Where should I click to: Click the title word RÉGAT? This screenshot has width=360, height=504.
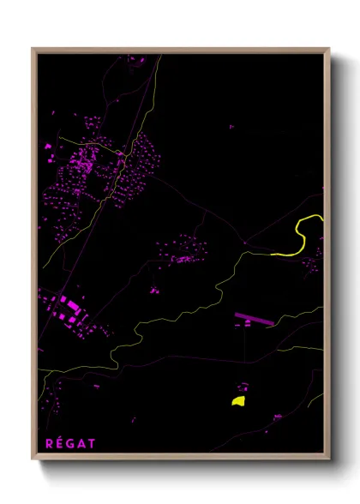click(70, 443)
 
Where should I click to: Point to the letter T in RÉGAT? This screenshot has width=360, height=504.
click(92, 443)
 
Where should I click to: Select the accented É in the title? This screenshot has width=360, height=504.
click(60, 442)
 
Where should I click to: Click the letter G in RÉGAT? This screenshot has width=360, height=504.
click(71, 443)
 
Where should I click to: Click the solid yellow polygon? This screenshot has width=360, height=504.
click(238, 400)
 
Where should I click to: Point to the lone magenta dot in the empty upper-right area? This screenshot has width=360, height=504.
click(231, 127)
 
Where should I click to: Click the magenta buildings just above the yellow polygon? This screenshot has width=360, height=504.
click(243, 387)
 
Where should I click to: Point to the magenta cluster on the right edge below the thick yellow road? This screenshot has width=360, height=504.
click(313, 262)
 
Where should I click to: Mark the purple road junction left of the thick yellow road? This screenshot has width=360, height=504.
click(245, 243)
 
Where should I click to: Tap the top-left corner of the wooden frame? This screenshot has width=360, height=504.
click(33, 49)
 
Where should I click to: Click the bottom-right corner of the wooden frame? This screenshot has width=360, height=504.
click(329, 459)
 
